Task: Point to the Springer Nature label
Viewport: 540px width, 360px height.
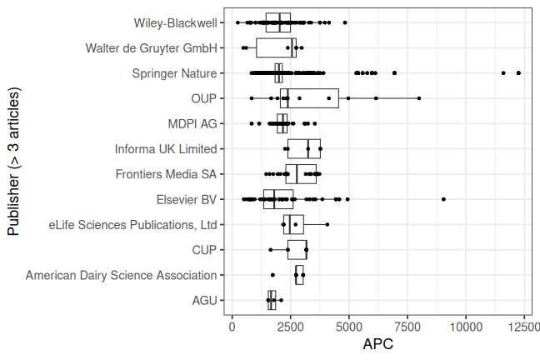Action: [x=174, y=73]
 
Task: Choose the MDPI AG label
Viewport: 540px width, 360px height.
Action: [x=192, y=123]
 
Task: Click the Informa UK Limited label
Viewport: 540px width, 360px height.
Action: [x=166, y=149]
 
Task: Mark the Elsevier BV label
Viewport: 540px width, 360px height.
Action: [x=186, y=199]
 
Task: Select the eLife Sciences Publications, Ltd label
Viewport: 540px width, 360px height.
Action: [x=132, y=224]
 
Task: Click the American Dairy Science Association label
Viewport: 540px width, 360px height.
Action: [x=121, y=275]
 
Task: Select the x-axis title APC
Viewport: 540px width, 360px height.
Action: [x=377, y=343]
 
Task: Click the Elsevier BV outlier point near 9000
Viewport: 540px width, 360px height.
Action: [x=443, y=199]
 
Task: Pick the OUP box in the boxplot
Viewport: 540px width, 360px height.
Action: [x=309, y=98]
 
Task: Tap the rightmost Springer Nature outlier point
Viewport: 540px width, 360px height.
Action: [x=518, y=73]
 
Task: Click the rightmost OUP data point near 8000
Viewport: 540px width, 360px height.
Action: [x=419, y=98]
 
